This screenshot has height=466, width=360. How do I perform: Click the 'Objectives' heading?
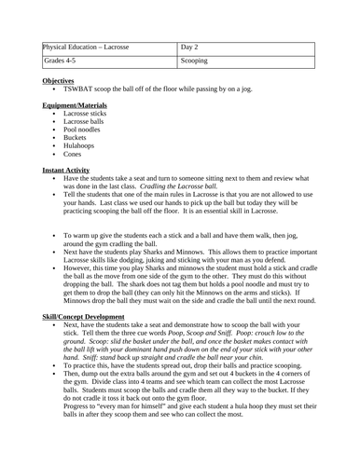coord(59,81)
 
